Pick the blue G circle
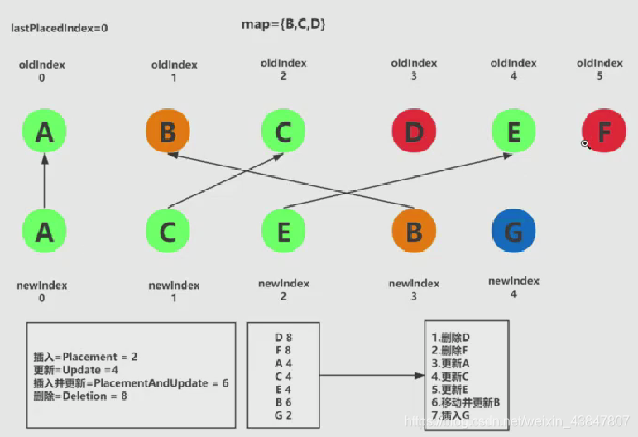(513, 231)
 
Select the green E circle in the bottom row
(283, 231)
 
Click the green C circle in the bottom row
(168, 231)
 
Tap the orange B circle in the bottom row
(414, 231)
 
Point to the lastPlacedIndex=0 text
(59, 28)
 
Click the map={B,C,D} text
(284, 25)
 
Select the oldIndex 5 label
(599, 69)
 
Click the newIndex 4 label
(513, 286)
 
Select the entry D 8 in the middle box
(283, 337)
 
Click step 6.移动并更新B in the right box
(467, 401)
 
